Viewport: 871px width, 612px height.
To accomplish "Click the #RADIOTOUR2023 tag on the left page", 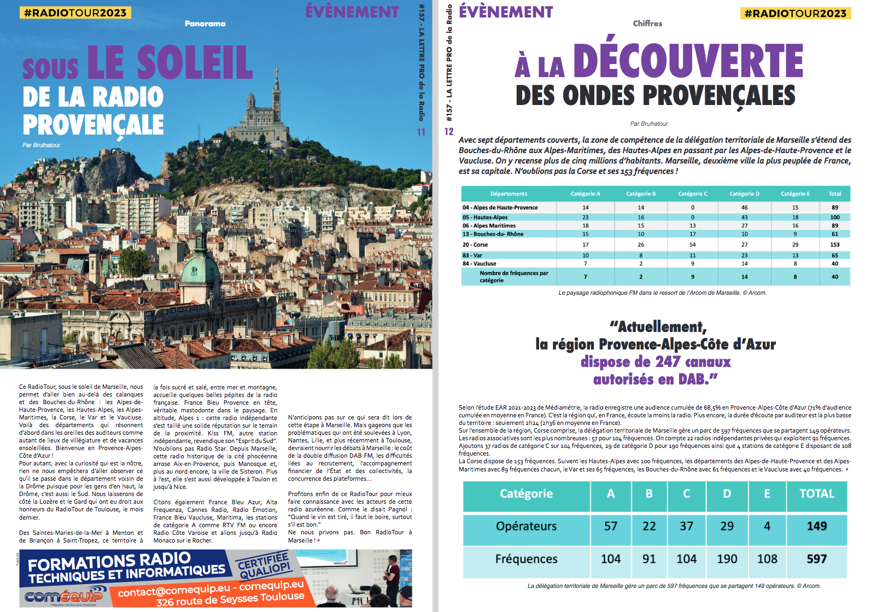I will click(75, 13).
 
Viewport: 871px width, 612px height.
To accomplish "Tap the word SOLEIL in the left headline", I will click(195, 63).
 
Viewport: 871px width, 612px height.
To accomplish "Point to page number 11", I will click(421, 132).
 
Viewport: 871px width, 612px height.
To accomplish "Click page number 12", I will click(449, 132).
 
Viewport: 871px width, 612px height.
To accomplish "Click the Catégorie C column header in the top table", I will click(692, 194).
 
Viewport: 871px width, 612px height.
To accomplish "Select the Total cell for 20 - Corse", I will click(834, 244).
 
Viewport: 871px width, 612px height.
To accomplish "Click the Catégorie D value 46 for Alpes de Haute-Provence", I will click(744, 208).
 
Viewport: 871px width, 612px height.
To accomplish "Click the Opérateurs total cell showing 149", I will click(816, 526).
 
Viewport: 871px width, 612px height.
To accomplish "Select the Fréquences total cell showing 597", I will click(816, 559).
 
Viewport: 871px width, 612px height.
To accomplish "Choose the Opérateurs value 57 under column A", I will click(610, 526).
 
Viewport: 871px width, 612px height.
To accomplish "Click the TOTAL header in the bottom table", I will click(816, 494).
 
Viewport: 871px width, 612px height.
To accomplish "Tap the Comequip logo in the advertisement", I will click(63, 596).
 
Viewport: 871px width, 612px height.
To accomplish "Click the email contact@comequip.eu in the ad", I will click(174, 591).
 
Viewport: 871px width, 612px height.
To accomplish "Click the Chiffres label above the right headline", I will click(647, 24).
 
